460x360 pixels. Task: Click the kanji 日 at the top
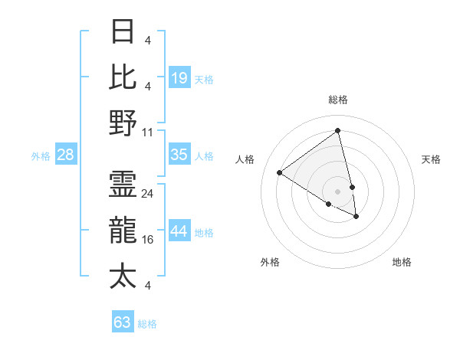click(x=123, y=32)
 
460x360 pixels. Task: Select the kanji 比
click(x=123, y=77)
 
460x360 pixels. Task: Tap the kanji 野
click(x=123, y=123)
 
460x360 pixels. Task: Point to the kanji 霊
click(x=123, y=185)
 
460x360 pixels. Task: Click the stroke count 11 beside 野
click(x=148, y=132)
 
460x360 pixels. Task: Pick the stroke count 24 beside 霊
click(x=148, y=194)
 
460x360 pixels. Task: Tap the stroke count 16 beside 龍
click(x=148, y=240)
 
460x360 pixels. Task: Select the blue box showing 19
click(x=179, y=77)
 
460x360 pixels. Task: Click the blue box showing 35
click(x=179, y=155)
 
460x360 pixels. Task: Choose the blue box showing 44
click(x=179, y=231)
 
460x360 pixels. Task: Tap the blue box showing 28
click(x=66, y=155)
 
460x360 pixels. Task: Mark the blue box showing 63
click(x=122, y=322)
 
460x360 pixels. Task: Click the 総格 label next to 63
click(x=147, y=324)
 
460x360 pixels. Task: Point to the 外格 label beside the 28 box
click(x=41, y=156)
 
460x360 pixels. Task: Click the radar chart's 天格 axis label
click(x=431, y=159)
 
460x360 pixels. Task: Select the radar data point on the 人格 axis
click(x=280, y=173)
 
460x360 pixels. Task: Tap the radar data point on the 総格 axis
click(x=338, y=131)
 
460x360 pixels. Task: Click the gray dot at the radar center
click(x=338, y=191)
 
